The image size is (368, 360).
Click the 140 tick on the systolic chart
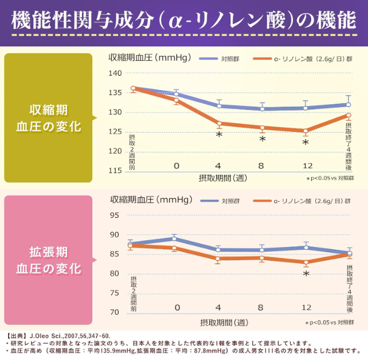coord(115,73)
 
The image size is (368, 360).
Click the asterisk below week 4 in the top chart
coord(219,135)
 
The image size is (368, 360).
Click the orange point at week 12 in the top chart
coord(306,131)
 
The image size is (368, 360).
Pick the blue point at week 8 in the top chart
coord(263,108)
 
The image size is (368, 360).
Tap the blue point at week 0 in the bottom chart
coord(177,238)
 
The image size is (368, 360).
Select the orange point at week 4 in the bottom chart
coord(219,259)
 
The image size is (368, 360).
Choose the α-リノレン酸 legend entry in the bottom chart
coord(312,201)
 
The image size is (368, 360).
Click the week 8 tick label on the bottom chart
coord(261,308)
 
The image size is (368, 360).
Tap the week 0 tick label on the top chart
coord(177,166)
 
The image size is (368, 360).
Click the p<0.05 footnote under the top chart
coord(330,179)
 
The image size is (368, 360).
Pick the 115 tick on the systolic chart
coord(115,171)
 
